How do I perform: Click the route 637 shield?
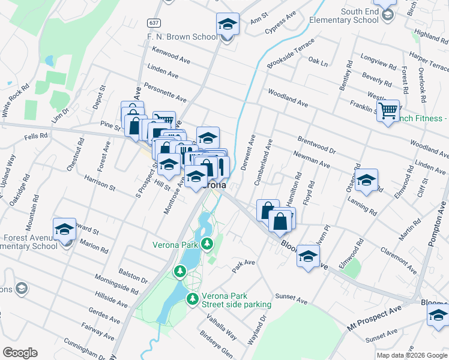click(x=154, y=23)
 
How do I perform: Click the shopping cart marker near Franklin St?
click(x=389, y=110)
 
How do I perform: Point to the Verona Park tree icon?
click(x=207, y=244)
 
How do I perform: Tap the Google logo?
click(x=20, y=353)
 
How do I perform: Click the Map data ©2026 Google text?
click(x=411, y=355)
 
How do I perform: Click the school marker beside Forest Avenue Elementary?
click(x=64, y=229)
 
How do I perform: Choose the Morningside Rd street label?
click(x=116, y=284)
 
